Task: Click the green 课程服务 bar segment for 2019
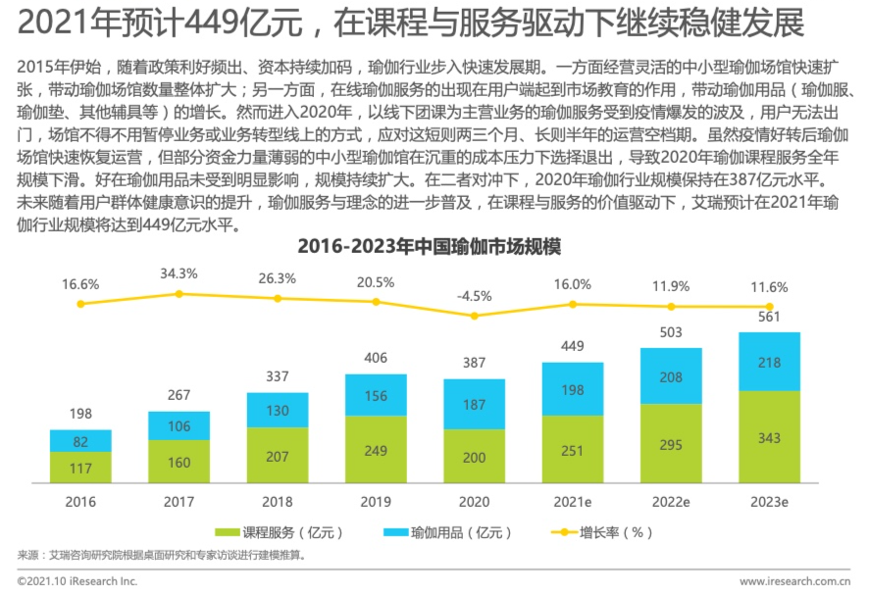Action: click(376, 450)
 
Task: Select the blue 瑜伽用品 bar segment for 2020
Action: click(474, 406)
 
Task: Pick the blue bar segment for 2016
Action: click(80, 441)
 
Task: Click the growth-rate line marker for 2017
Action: click(179, 293)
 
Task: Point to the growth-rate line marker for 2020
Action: click(474, 316)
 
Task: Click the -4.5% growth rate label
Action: click(474, 296)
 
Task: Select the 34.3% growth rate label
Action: click(179, 273)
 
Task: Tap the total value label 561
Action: click(769, 317)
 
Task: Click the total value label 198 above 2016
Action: click(80, 416)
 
